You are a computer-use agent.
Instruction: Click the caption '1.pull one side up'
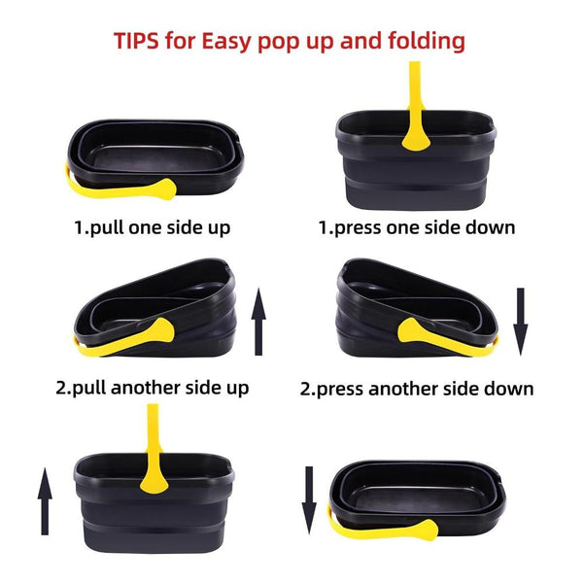(x=153, y=228)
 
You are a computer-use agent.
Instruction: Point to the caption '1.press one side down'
(x=417, y=228)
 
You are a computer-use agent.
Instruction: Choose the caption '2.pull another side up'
(x=152, y=387)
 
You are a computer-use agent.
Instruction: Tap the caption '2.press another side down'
(x=417, y=389)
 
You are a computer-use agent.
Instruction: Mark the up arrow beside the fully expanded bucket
(x=45, y=499)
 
